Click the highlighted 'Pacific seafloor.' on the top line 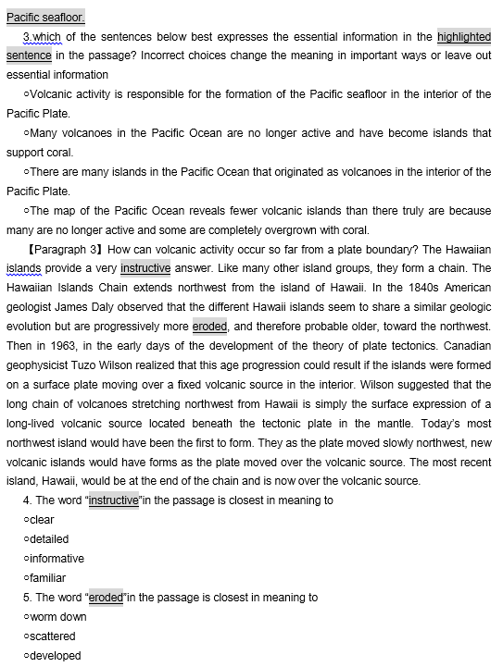tap(45, 17)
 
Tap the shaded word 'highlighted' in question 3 tap(464, 36)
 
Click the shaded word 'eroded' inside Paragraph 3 tap(210, 327)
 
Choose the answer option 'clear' tap(42, 520)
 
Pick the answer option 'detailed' tap(48, 539)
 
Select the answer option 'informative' tap(56, 559)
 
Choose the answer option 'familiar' tap(48, 578)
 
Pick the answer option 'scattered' tap(52, 636)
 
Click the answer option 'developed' tap(55, 656)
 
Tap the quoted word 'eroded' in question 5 tap(106, 598)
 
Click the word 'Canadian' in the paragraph tap(467, 346)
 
